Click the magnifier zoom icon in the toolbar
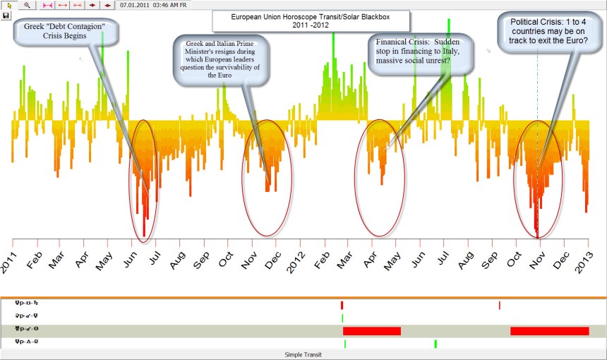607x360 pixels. coord(27,4)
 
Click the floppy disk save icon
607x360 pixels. coord(6,15)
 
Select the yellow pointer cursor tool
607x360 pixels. coord(10,4)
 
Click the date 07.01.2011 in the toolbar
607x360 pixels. coord(133,4)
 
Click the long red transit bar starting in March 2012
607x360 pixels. coord(372,330)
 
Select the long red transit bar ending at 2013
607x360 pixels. coord(549,330)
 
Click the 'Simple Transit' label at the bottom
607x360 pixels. coord(303,354)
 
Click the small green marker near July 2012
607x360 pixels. coord(435,344)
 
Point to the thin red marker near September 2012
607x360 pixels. coord(500,305)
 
